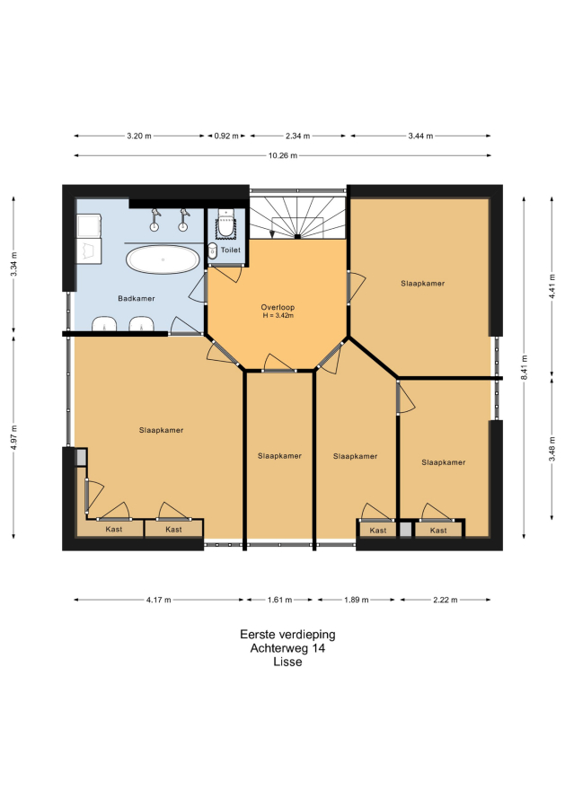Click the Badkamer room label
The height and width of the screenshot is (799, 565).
click(x=137, y=298)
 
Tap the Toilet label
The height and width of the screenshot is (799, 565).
click(x=231, y=250)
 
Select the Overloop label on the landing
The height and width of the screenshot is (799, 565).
click(x=278, y=307)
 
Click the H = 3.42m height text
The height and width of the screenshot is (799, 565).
click(x=278, y=315)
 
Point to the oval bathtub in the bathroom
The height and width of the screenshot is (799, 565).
click(x=163, y=259)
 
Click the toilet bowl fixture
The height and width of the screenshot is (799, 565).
click(x=225, y=224)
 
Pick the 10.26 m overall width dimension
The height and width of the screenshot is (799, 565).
click(x=283, y=155)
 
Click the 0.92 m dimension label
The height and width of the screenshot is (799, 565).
click(x=226, y=136)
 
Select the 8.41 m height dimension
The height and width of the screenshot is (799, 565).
click(x=525, y=367)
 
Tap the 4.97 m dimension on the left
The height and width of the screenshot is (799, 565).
click(x=13, y=437)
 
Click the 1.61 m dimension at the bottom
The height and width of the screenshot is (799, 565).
click(x=280, y=600)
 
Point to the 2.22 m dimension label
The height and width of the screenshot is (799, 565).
click(x=446, y=600)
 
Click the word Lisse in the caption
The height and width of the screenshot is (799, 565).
click(x=287, y=662)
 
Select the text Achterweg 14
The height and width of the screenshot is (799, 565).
click(x=287, y=648)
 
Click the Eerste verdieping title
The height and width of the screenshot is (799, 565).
click(x=287, y=635)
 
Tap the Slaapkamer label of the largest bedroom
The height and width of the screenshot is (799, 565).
click(x=161, y=430)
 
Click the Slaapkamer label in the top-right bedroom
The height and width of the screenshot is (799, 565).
click(x=423, y=284)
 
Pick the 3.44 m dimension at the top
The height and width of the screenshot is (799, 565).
click(x=420, y=136)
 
